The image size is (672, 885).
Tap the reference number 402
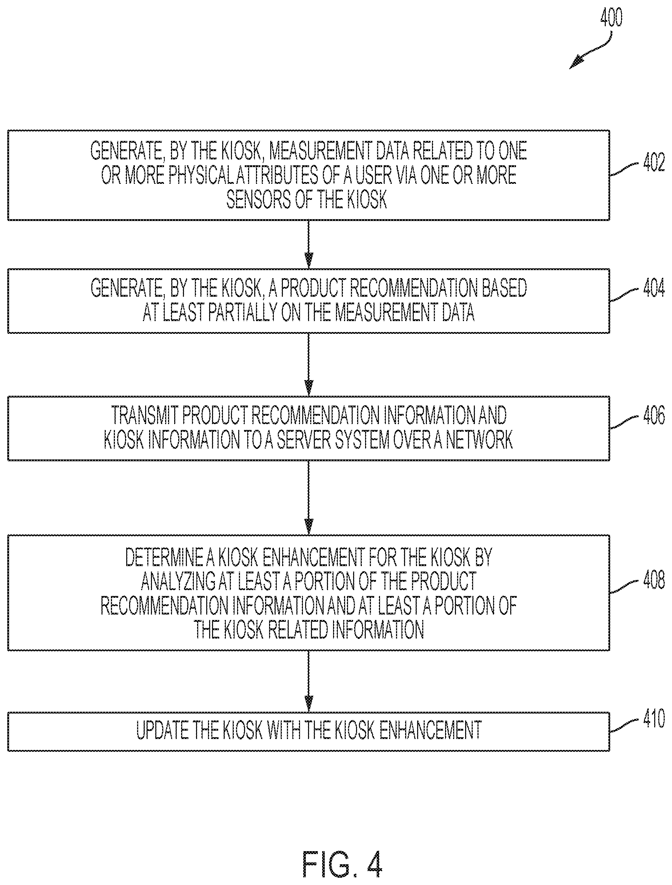point(654,162)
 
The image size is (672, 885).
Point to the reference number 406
point(654,415)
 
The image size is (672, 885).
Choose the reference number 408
point(654,580)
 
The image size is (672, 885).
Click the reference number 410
point(654,718)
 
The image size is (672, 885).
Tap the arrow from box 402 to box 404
point(308,244)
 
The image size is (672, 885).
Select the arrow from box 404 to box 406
point(308,364)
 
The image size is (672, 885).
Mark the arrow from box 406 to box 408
point(308,497)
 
